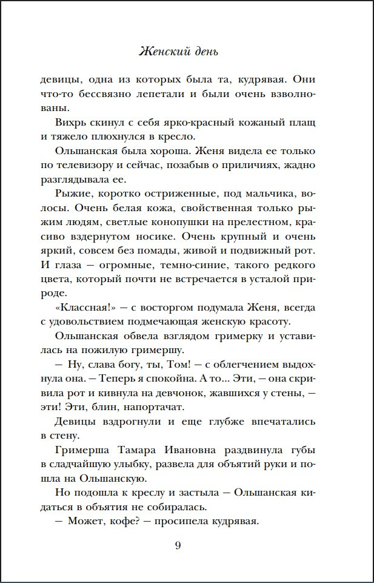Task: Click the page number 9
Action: [x=178, y=545]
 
